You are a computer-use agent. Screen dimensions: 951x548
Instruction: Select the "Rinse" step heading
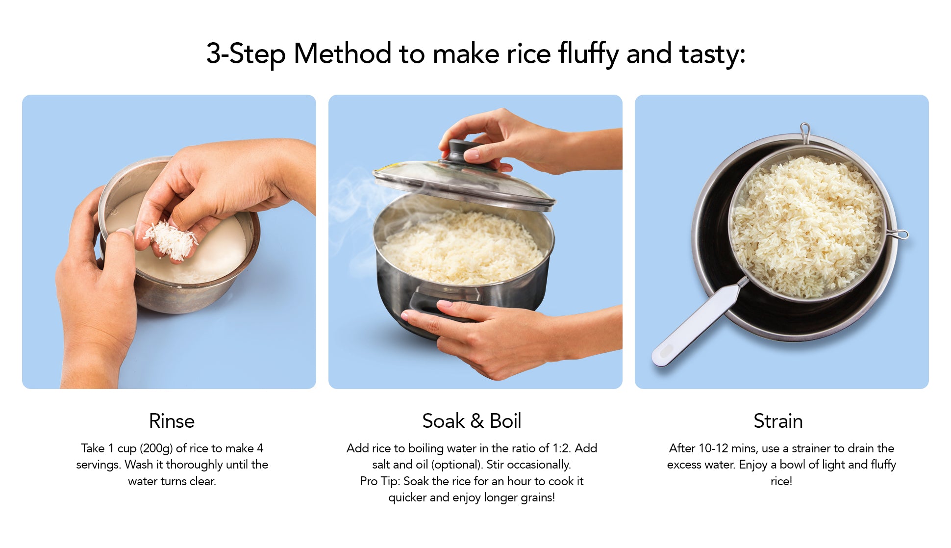pos(172,421)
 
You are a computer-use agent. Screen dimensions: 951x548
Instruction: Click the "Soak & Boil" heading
pos(472,421)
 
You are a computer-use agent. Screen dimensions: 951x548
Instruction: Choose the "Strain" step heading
pos(778,421)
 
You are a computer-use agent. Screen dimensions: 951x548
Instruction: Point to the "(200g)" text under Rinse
pos(156,448)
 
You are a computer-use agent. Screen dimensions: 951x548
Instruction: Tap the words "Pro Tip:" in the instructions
pos(380,481)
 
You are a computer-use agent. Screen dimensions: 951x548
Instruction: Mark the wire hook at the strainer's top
pos(804,133)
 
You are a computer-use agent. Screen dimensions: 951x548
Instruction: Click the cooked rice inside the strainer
pos(806,226)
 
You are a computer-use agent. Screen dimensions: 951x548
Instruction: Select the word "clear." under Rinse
pos(202,481)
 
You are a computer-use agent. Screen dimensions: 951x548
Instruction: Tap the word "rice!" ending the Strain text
pos(781,481)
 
